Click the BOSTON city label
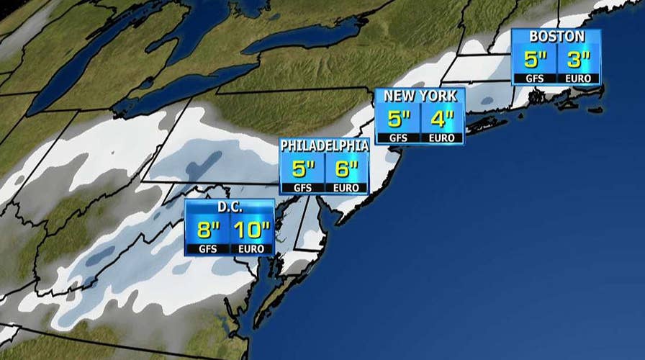pyautogui.click(x=556, y=37)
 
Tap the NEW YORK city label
pyautogui.click(x=420, y=96)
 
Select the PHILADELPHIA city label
pyautogui.click(x=325, y=146)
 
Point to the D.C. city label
pyautogui.click(x=229, y=207)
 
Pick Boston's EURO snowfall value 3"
pyautogui.click(x=577, y=58)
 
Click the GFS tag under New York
pyautogui.click(x=398, y=138)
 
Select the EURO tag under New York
pyautogui.click(x=441, y=138)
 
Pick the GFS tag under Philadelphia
pyautogui.click(x=302, y=188)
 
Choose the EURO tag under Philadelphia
pyautogui.click(x=347, y=188)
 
